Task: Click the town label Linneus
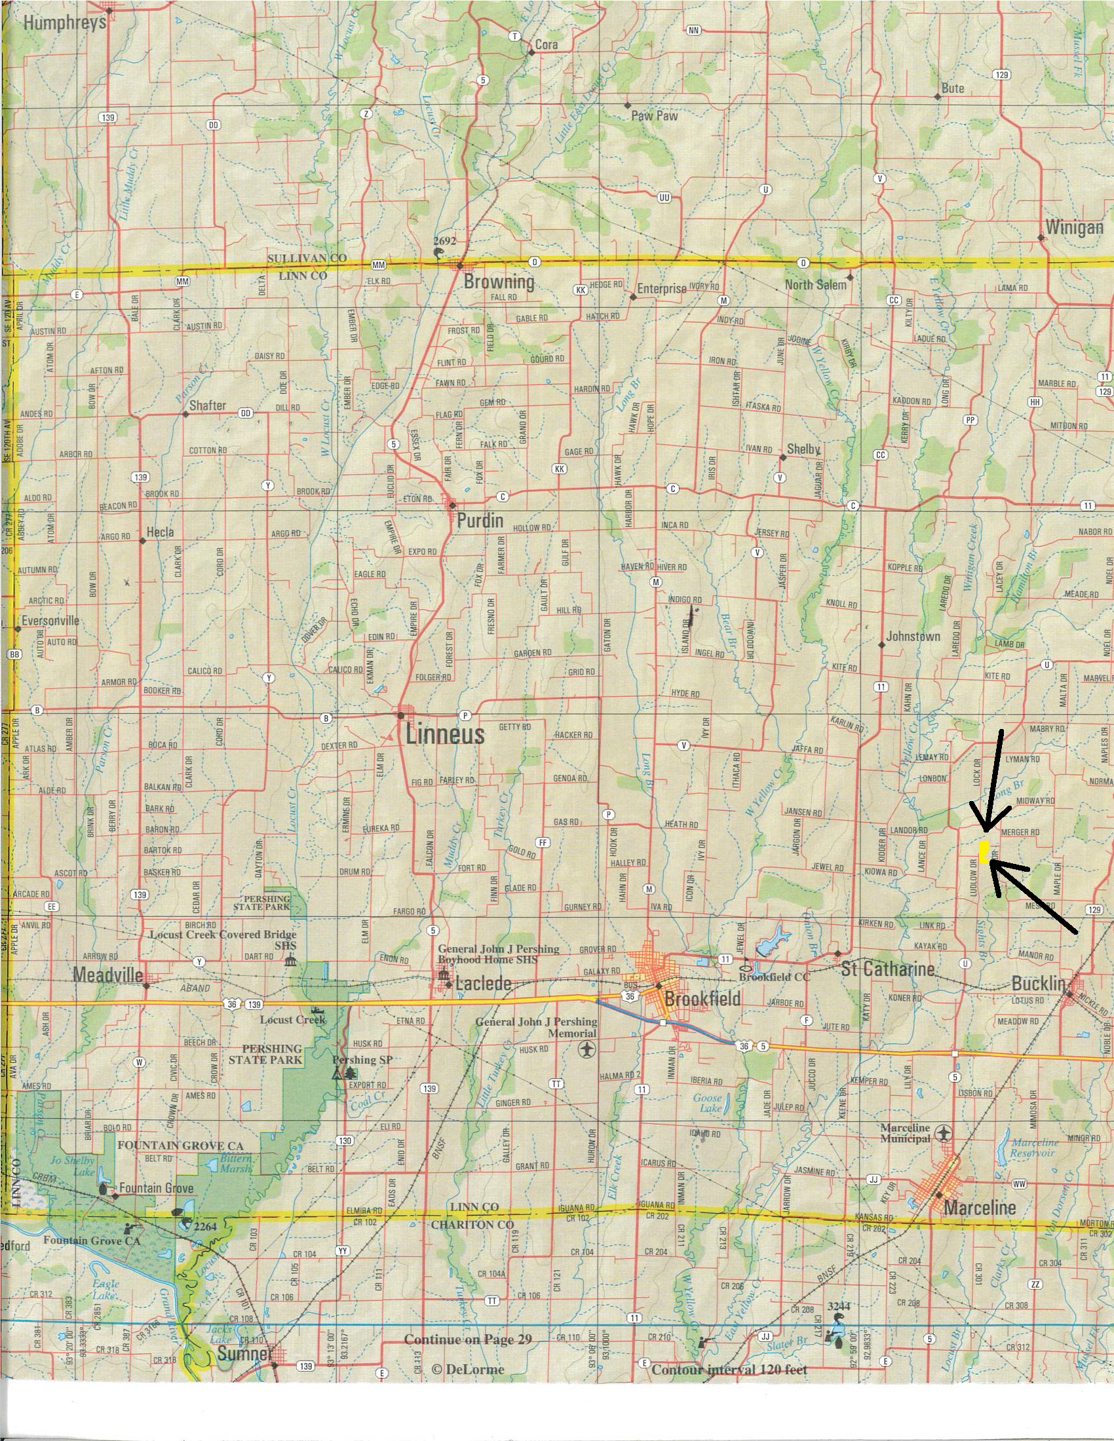(445, 734)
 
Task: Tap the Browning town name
(498, 282)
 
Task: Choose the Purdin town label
(479, 521)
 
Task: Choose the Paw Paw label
(654, 115)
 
